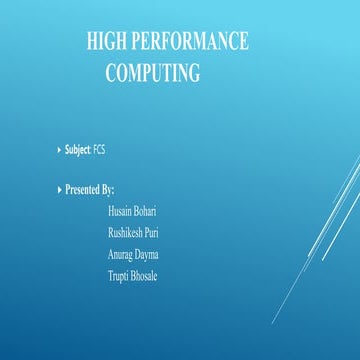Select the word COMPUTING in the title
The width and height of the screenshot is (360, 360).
153,73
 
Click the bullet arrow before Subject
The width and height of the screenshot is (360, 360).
58,150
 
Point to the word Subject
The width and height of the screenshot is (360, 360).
77,150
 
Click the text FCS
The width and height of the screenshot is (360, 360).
100,150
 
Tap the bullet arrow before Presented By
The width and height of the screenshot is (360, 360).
58,189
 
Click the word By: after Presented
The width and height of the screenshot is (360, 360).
108,189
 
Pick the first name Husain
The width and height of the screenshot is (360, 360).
120,212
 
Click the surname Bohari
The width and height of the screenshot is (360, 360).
145,212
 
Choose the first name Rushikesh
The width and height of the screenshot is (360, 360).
125,233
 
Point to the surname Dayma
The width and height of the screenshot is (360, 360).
146,254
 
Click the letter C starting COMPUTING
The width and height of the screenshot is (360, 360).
111,73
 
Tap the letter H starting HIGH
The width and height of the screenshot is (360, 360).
92,41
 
